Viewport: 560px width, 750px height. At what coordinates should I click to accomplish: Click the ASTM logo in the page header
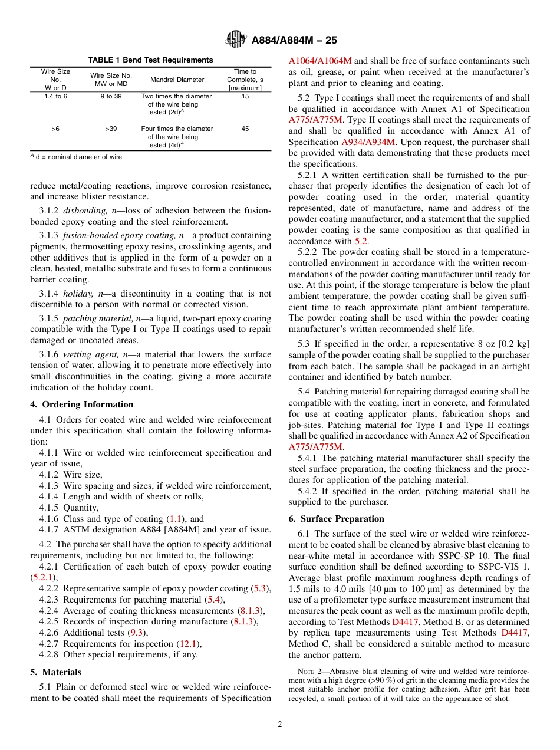[236, 40]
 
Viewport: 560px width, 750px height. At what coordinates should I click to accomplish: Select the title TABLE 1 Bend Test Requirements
[151, 60]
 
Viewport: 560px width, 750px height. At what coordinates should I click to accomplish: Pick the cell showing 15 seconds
[245, 96]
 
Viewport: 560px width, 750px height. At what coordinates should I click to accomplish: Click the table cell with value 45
[245, 129]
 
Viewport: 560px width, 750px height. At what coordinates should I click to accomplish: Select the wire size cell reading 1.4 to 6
[55, 96]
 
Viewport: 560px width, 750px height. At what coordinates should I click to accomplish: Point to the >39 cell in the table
[111, 129]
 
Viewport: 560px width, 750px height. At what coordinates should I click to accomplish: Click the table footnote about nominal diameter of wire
[77, 157]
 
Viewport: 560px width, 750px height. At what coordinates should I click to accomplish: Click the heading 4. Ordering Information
[82, 404]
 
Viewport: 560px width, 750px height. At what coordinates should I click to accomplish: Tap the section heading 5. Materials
[56, 672]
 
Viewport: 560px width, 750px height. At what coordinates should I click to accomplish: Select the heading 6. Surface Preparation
[336, 519]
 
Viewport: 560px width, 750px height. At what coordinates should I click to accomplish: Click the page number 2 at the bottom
[280, 724]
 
